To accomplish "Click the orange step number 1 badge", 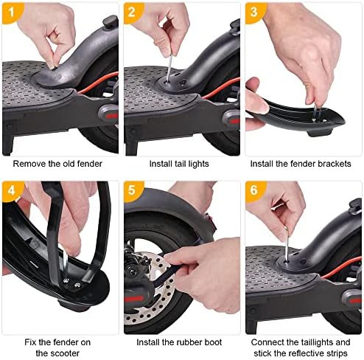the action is (x=11, y=13).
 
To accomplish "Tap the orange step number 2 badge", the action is (x=132, y=13).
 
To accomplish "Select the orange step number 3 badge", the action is (x=254, y=13).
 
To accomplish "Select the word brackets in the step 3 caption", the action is (x=335, y=164).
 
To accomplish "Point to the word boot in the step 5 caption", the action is (x=213, y=342).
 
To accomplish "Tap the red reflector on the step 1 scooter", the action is (x=111, y=115).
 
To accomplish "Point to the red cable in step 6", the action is (x=341, y=269).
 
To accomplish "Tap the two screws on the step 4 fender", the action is (x=71, y=283).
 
